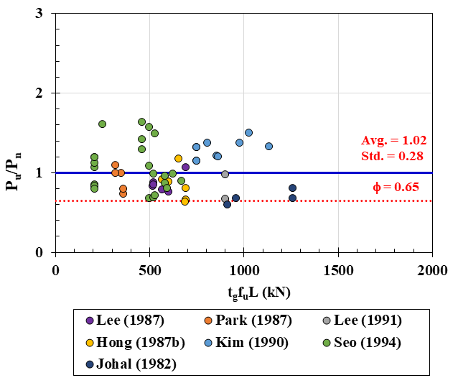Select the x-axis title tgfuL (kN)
coord(243,291)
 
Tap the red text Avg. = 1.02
coord(391,141)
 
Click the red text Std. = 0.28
coord(391,155)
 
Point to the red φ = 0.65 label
coord(398,188)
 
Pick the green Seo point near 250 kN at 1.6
coord(102,124)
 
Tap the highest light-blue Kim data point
coord(248,132)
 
